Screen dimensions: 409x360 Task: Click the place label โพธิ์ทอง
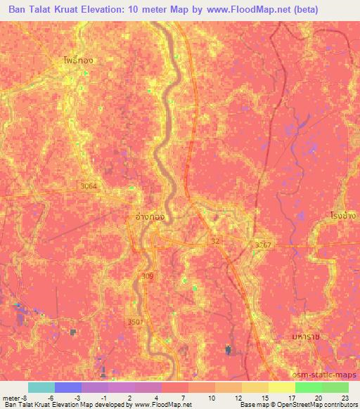pos(77,60)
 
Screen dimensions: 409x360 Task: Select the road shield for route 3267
pos(262,245)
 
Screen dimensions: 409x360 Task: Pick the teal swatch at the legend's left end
pos(41,387)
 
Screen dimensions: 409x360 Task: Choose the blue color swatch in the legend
pos(68,387)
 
